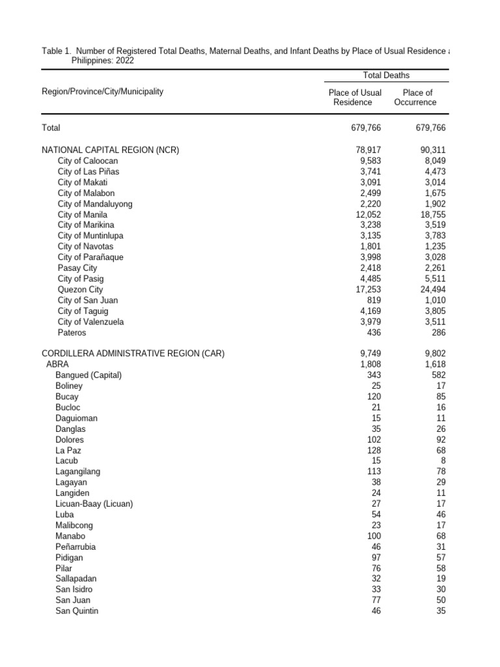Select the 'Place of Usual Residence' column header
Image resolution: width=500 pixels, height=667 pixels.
pyautogui.click(x=355, y=97)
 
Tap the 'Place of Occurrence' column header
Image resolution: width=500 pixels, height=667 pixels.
pyautogui.click(x=416, y=97)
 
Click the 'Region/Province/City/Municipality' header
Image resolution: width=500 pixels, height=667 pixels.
pyautogui.click(x=102, y=92)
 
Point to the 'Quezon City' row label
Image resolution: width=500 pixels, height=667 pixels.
pyautogui.click(x=80, y=290)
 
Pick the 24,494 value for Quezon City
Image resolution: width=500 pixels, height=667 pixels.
pyautogui.click(x=432, y=290)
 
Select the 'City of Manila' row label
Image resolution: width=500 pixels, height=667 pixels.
pyautogui.click(x=82, y=214)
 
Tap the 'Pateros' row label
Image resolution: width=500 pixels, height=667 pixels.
pyautogui.click(x=72, y=333)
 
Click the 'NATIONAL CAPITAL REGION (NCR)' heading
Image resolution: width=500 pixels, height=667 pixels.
pyautogui.click(x=110, y=150)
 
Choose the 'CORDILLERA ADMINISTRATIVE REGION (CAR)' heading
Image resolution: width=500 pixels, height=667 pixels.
pyautogui.click(x=133, y=354)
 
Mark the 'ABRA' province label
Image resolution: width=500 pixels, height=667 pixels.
pyautogui.click(x=57, y=365)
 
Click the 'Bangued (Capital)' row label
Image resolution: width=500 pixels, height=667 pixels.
pyautogui.click(x=89, y=375)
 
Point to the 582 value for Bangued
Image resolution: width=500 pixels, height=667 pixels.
pyautogui.click(x=438, y=375)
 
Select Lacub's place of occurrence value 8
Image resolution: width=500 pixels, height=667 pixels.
pyautogui.click(x=443, y=461)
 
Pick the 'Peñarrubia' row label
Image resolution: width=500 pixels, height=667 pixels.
pyautogui.click(x=76, y=547)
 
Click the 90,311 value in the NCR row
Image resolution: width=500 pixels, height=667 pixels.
pyautogui.click(x=432, y=150)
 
